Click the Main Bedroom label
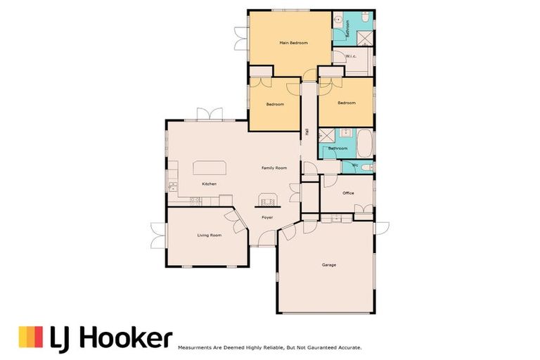[x=293, y=43]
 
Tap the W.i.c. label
[x=351, y=57]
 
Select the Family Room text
[x=274, y=168]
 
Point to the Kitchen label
[x=209, y=184]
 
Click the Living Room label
[x=209, y=235]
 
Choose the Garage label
[x=328, y=265]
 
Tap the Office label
[x=347, y=193]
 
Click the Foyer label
[x=267, y=218]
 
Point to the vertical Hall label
[x=307, y=131]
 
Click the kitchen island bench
[x=210, y=167]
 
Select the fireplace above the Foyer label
[x=267, y=201]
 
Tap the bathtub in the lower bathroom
[x=364, y=143]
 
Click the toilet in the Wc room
[x=368, y=167]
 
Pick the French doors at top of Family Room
[x=210, y=114]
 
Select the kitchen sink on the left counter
[x=171, y=186]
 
